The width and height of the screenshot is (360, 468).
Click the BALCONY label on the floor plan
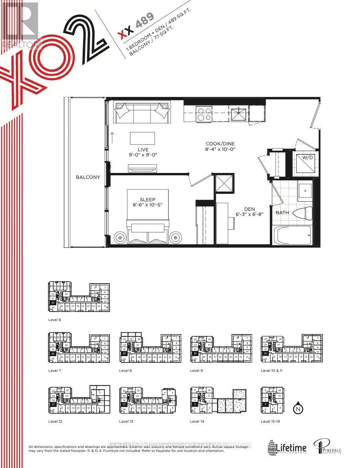coord(88,177)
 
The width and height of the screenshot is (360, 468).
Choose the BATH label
coord(282,213)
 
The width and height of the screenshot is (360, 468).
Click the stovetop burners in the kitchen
coord(204,114)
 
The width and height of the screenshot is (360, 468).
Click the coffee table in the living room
coord(142,138)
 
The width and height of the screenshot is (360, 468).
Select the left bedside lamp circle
coord(119,238)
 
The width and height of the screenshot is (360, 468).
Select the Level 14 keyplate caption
coord(198,422)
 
